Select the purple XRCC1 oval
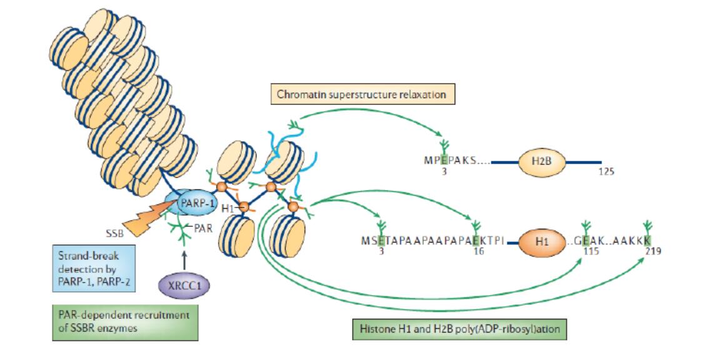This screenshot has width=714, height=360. point(184,286)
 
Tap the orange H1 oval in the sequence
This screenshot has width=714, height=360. point(542,241)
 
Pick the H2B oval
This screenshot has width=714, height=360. point(541,162)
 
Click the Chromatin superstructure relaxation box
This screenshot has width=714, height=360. point(361,94)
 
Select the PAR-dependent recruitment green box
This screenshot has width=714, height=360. point(125,322)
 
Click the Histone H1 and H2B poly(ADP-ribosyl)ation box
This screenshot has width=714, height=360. point(460,329)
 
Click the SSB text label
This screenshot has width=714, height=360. point(114,234)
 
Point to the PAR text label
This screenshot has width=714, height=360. point(203,228)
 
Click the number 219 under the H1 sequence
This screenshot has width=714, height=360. point(653,251)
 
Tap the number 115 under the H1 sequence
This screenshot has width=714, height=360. point(591,251)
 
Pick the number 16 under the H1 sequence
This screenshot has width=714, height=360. point(478,251)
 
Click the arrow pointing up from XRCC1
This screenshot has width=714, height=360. point(184,261)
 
